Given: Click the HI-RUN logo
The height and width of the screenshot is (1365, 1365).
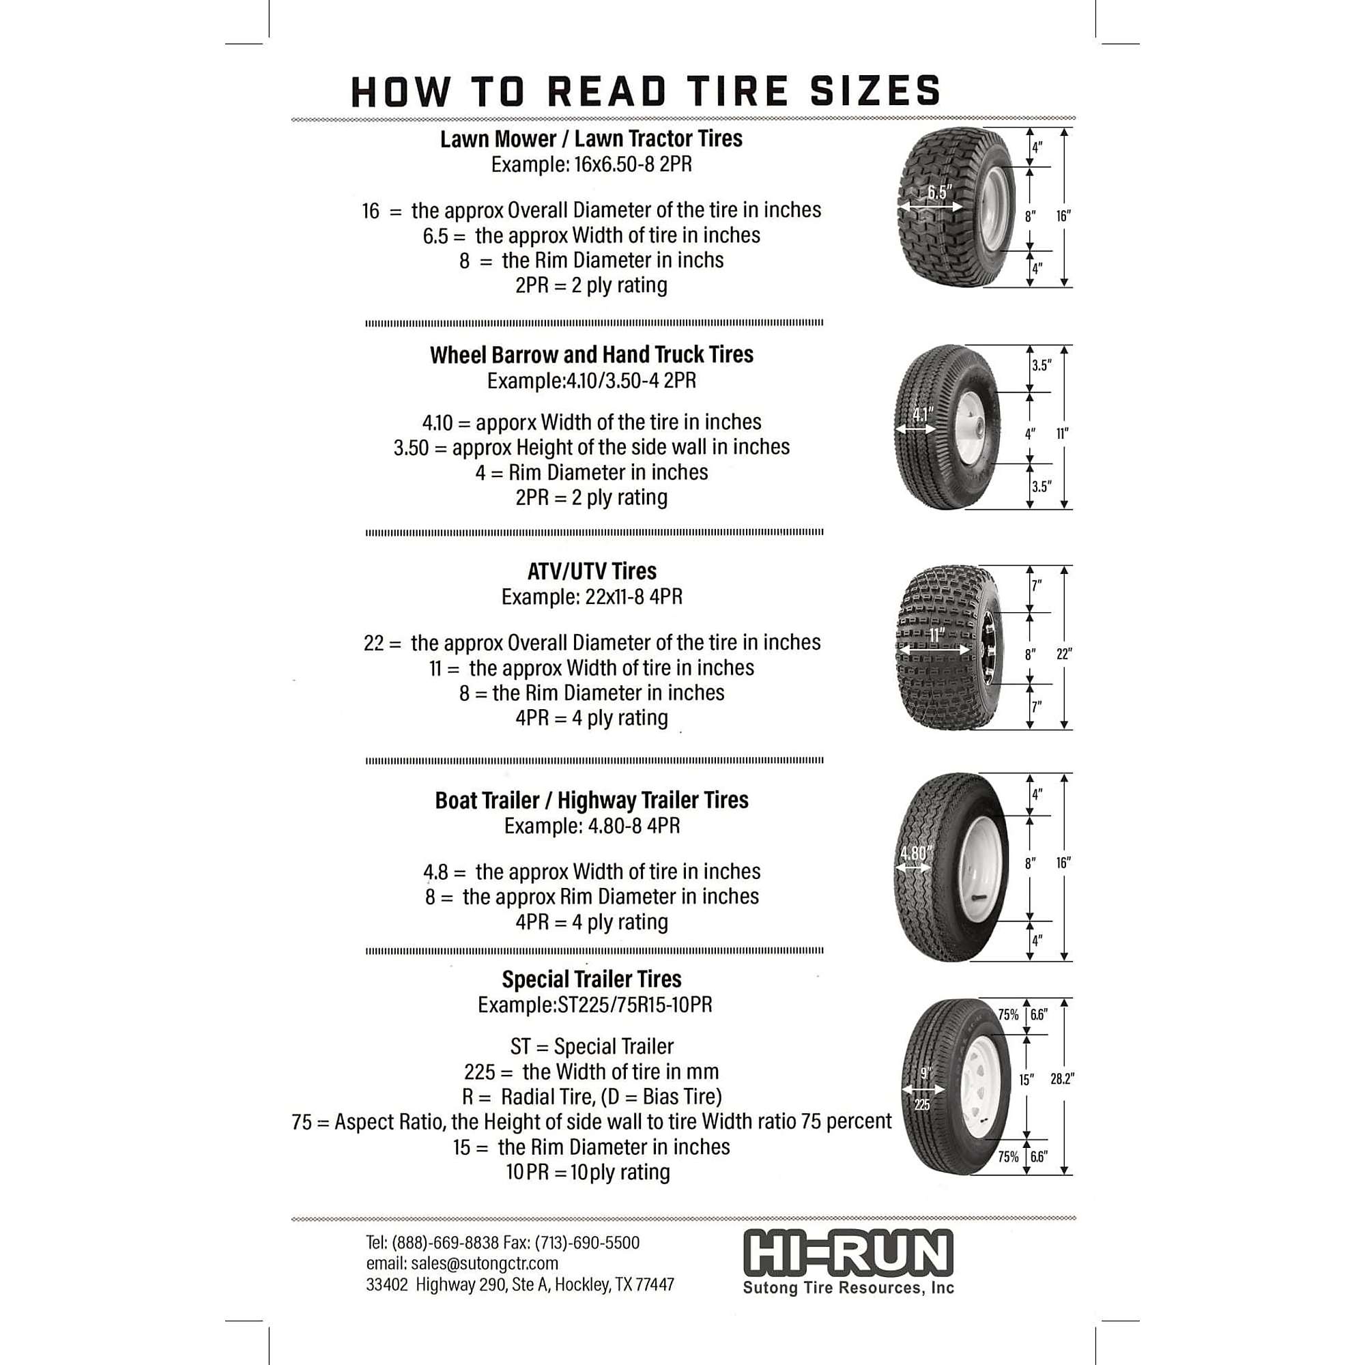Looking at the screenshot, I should (848, 1252).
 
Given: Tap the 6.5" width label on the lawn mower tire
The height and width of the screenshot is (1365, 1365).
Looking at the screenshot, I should (939, 193).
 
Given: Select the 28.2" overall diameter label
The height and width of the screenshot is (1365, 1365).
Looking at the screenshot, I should (1061, 1079).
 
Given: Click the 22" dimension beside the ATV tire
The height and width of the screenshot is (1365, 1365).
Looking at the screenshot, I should (1063, 655).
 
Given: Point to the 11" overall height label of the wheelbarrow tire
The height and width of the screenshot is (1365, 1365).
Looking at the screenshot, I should (1063, 434).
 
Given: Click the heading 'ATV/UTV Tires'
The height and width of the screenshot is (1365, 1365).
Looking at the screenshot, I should (591, 571).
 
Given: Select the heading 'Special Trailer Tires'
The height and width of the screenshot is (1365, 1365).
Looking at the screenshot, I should (591, 979).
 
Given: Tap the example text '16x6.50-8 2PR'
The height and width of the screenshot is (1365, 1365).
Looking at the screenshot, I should (633, 164).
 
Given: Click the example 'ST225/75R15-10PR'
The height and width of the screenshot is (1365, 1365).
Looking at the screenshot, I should (635, 1005).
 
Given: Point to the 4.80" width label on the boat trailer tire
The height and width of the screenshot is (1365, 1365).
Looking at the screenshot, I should (916, 854).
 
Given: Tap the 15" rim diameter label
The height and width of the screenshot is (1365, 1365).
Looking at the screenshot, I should (1026, 1080).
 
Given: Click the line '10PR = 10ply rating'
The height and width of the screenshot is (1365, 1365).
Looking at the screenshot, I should (588, 1172).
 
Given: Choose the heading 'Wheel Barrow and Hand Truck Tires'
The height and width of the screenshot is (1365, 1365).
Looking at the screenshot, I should (591, 355).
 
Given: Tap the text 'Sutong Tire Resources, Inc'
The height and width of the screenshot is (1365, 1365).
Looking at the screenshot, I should (848, 1287).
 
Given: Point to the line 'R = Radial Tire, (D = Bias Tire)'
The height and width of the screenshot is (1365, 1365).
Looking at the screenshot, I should (591, 1097).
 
